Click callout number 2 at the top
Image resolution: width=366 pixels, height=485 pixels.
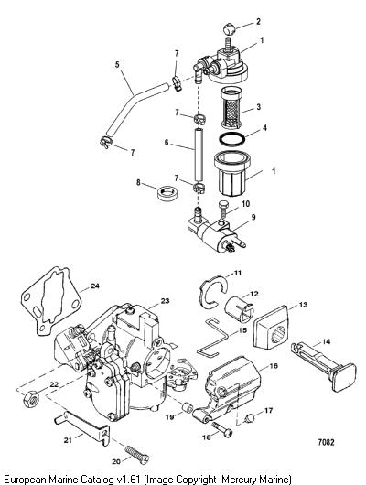click(x=258, y=22)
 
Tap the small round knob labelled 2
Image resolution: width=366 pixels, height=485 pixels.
click(x=230, y=29)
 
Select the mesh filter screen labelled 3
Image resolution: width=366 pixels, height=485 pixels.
click(x=231, y=108)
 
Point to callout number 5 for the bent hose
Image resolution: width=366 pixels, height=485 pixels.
click(x=117, y=65)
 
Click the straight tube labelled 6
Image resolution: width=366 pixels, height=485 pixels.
click(x=199, y=155)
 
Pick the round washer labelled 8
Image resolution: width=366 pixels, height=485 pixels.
click(x=167, y=193)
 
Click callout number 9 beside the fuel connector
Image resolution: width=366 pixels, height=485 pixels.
click(x=253, y=217)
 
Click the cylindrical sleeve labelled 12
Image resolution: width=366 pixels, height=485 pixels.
click(x=239, y=308)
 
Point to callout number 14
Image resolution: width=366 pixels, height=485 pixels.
click(x=326, y=341)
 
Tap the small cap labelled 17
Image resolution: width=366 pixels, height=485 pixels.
click(x=250, y=418)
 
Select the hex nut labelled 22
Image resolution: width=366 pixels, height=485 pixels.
click(x=31, y=399)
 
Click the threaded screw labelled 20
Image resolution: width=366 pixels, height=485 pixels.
click(x=137, y=455)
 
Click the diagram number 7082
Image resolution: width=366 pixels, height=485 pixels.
click(x=326, y=442)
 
